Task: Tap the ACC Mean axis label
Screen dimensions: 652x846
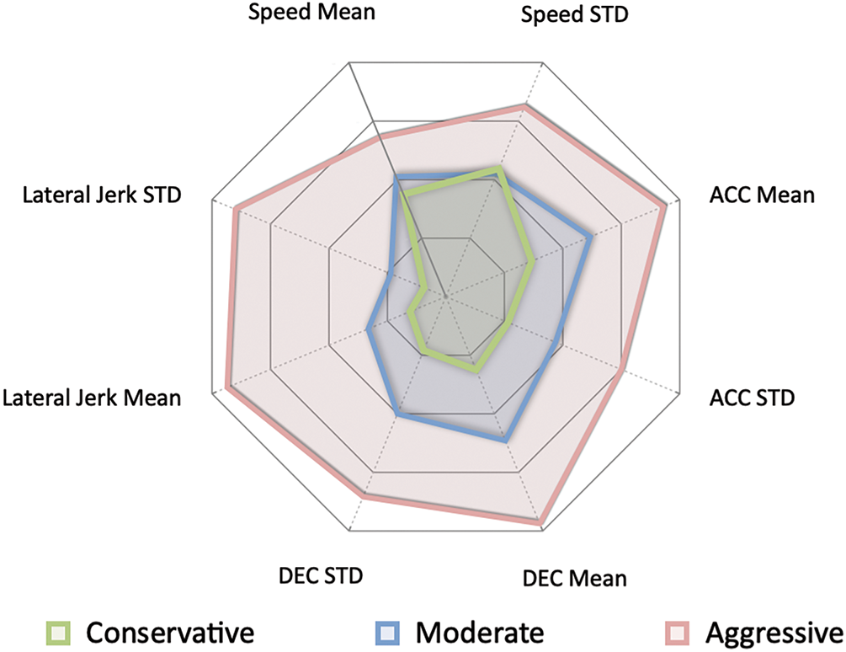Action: click(762, 195)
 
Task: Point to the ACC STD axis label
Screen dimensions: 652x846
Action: click(752, 397)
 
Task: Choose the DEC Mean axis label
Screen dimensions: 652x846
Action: click(574, 579)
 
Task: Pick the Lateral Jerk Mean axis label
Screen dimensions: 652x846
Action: click(92, 397)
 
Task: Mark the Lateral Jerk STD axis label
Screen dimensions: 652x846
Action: click(104, 195)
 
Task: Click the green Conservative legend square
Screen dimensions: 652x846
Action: click(58, 631)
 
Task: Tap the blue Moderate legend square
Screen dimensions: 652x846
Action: click(386, 631)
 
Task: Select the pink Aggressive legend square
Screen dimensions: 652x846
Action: click(678, 631)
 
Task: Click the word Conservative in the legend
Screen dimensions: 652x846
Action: click(170, 631)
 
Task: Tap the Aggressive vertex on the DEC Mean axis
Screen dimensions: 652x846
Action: click(539, 522)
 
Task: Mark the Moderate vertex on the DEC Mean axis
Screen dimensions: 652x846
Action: click(505, 439)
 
